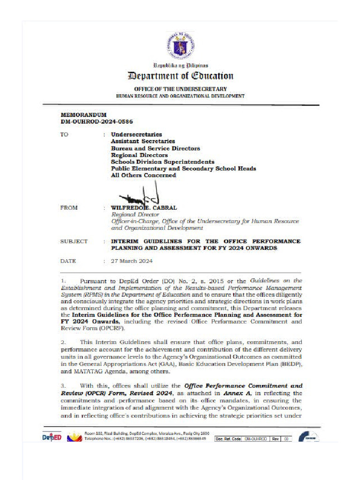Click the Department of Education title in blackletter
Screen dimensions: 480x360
pyautogui.click(x=180, y=76)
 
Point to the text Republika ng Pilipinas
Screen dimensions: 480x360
pyautogui.click(x=181, y=65)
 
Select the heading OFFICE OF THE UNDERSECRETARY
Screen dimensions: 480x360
pyautogui.click(x=180, y=89)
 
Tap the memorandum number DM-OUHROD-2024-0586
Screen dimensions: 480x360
pyautogui.click(x=94, y=121)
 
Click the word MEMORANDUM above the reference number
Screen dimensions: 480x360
pyautogui.click(x=84, y=115)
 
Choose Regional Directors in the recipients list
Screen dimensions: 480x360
pyautogui.click(x=139, y=155)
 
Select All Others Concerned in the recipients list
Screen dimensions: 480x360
pyautogui.click(x=143, y=175)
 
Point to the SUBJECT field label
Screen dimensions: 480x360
pyautogui.click(x=74, y=241)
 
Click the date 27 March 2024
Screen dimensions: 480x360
pyautogui.click(x=132, y=261)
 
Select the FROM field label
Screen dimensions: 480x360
pyautogui.click(x=69, y=208)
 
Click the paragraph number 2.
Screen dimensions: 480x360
pyautogui.click(x=63, y=343)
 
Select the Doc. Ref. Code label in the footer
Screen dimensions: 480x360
pyautogui.click(x=228, y=439)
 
